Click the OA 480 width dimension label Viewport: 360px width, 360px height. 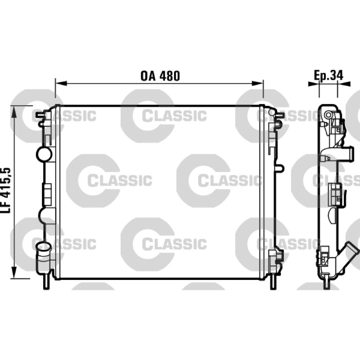click(x=160, y=76)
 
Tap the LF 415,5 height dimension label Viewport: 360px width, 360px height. click(x=6, y=190)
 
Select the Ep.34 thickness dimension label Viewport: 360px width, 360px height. click(x=328, y=75)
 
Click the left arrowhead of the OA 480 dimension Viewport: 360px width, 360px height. click(x=61, y=83)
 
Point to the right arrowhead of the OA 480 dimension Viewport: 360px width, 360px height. click(x=257, y=83)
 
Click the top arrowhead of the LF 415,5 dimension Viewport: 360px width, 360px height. click(x=14, y=112)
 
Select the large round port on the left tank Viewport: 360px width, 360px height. click(x=44, y=154)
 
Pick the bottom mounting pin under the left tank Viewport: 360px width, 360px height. click(x=46, y=282)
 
